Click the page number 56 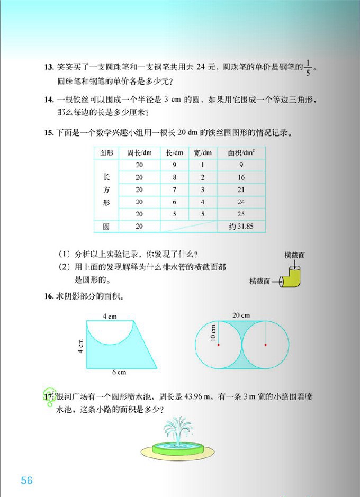tap(27, 481)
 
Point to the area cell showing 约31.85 tap(241, 227)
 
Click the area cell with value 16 tap(241, 177)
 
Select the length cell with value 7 tap(175, 189)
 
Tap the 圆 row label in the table tap(106, 227)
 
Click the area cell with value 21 tap(241, 189)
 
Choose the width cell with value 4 tap(202, 202)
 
